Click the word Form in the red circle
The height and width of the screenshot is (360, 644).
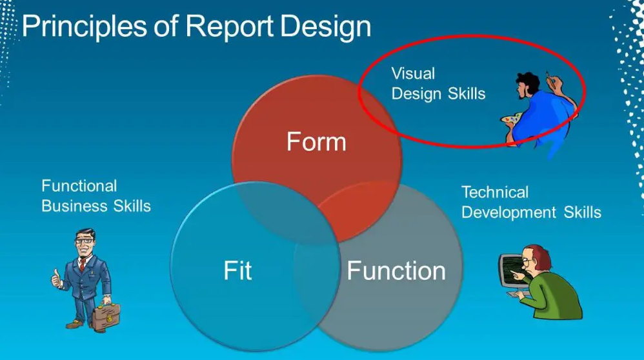point(316,142)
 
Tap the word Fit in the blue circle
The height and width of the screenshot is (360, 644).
point(237,270)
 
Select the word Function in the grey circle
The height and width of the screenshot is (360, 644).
point(396,270)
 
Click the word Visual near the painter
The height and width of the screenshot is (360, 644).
point(413,74)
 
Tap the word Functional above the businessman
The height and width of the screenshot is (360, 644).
point(79,186)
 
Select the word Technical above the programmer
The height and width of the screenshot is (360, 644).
point(495,192)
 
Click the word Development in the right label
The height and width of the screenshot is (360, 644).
point(509,213)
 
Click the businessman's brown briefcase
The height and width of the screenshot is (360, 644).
point(106,317)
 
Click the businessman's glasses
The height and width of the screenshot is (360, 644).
point(84,241)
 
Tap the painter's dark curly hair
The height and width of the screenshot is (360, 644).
point(528,82)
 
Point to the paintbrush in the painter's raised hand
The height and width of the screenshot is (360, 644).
point(548,77)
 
